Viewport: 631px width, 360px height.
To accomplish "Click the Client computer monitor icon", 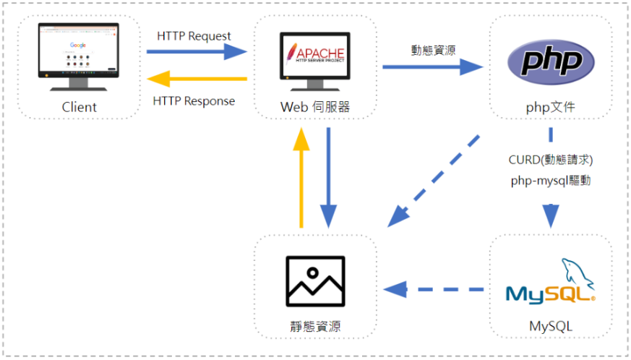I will (x=79, y=57).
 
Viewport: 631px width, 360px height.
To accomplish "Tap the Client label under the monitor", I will (x=79, y=108).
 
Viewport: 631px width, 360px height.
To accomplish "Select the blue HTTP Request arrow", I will (x=196, y=51).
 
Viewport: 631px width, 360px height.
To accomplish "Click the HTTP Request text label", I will (x=194, y=35).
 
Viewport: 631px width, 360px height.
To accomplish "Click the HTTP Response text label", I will (x=194, y=100).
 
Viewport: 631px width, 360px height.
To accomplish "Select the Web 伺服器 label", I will (x=315, y=107).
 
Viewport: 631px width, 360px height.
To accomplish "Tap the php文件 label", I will (x=551, y=107).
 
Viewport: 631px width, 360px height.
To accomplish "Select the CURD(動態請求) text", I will (x=551, y=159).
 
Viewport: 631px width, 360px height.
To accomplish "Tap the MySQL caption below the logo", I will (x=551, y=327).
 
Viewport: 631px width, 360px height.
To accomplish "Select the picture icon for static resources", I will (x=314, y=281).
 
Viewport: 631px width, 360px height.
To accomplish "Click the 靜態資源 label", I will (x=314, y=327).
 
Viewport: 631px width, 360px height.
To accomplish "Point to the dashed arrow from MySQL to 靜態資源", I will (x=434, y=290).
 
